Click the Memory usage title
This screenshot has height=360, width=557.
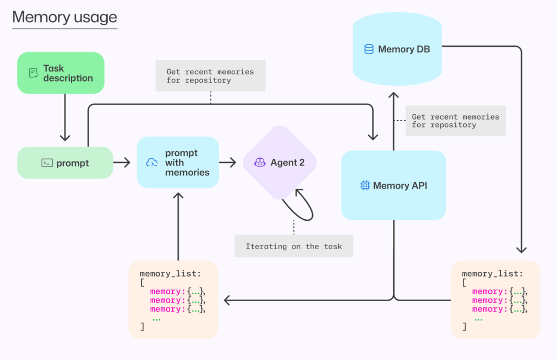coord(64,17)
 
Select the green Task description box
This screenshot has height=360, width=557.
coord(61,73)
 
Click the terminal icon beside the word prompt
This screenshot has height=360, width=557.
coord(47,163)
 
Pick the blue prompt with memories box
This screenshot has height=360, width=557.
coord(178,162)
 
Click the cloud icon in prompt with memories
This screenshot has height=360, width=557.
coord(152,163)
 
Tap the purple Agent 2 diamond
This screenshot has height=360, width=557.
coord(280,162)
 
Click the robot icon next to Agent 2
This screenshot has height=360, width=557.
coord(259,163)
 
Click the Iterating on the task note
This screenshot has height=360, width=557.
coord(293,247)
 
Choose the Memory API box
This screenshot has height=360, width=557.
coord(394,185)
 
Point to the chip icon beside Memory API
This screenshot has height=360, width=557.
coord(365,186)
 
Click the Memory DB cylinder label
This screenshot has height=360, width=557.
coord(404,50)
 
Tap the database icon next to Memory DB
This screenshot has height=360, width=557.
coord(369,50)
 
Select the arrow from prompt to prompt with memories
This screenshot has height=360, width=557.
coord(122,163)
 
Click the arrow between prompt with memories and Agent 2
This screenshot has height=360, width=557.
coord(227,163)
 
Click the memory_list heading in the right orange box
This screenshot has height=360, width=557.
coord(492,273)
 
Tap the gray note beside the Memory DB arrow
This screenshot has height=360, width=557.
coord(455,121)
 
